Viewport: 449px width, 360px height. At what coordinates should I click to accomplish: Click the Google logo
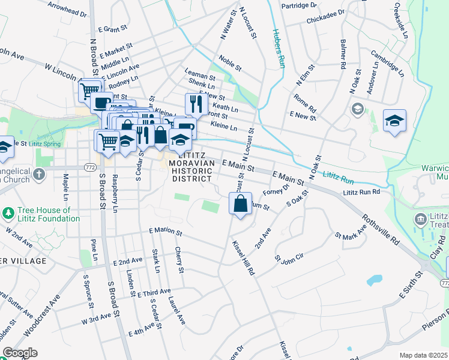[x=20, y=353]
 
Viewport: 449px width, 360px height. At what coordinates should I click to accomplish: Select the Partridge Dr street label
[x=298, y=5]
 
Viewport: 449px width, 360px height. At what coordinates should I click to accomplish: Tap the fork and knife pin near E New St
[x=195, y=104]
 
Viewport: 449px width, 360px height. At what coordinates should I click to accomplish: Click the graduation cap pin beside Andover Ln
[x=394, y=121]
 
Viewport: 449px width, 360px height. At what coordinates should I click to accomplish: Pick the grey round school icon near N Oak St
[x=357, y=109]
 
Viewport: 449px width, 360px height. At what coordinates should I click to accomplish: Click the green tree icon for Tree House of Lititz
[x=8, y=213]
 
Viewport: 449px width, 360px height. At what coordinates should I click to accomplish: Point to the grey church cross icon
[x=39, y=175]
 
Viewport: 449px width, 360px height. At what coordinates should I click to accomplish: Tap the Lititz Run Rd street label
[x=361, y=192]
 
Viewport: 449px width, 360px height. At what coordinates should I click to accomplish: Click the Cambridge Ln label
[x=387, y=62]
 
